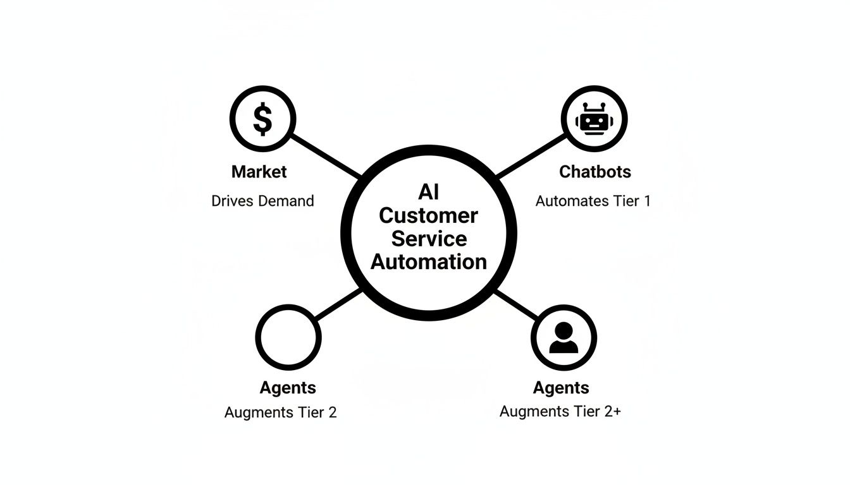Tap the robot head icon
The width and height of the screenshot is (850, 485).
(x=594, y=119)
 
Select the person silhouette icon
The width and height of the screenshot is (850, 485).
(x=564, y=338)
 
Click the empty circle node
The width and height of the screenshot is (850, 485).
(x=288, y=338)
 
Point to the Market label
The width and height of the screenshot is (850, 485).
(x=259, y=172)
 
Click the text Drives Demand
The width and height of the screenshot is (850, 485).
(x=262, y=201)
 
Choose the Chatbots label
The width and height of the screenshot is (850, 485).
(x=595, y=172)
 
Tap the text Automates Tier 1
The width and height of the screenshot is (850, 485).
(x=593, y=201)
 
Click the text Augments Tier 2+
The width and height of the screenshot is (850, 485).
(x=560, y=412)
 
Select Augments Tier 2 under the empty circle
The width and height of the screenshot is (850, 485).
(x=281, y=413)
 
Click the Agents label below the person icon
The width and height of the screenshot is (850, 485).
(x=561, y=388)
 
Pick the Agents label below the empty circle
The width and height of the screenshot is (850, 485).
(x=288, y=388)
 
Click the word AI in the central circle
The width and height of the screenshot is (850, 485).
(x=429, y=192)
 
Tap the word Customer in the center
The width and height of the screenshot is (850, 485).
(x=429, y=215)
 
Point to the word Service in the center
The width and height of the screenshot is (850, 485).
(x=429, y=239)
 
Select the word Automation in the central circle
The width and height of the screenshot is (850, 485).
(x=429, y=261)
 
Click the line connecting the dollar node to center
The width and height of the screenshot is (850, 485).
(x=326, y=155)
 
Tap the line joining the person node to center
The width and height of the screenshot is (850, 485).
(x=515, y=305)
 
